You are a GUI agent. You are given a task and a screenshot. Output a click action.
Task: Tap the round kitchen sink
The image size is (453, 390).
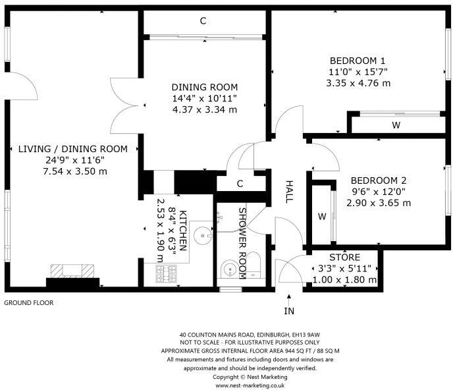pyautogui.click(x=204, y=232)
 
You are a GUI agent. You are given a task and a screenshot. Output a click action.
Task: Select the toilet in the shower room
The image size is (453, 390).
pyautogui.click(x=255, y=265)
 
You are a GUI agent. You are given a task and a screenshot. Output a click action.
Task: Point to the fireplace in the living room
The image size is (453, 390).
pyautogui.click(x=72, y=271)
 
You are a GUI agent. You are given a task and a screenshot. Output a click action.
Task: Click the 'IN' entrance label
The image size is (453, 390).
pyautogui.click(x=289, y=310)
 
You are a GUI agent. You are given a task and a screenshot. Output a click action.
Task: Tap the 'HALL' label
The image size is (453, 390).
pyautogui.click(x=288, y=192)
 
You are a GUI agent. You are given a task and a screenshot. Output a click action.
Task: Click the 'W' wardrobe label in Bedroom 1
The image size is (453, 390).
pyautogui.click(x=396, y=125)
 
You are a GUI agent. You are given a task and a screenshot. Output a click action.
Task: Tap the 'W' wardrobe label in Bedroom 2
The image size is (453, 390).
pyautogui.click(x=322, y=216)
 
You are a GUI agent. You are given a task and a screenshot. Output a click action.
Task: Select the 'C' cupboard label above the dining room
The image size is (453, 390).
pyautogui.click(x=203, y=21)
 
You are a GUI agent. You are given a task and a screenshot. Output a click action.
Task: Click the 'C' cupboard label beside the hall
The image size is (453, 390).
pyautogui.click(x=241, y=184)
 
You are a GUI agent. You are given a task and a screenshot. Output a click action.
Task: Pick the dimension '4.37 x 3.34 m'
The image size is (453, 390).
pyautogui.click(x=205, y=109)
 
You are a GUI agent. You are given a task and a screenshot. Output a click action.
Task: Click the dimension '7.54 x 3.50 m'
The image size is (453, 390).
pyautogui.click(x=73, y=171)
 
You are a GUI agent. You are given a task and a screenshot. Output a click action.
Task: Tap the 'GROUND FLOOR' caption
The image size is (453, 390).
pyautogui.click(x=29, y=303)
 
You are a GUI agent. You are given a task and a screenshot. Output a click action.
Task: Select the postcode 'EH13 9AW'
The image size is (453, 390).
pyautogui.click(x=306, y=334)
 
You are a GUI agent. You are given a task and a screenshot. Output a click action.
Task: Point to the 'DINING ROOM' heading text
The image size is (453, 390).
pyautogui.click(x=205, y=87)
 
